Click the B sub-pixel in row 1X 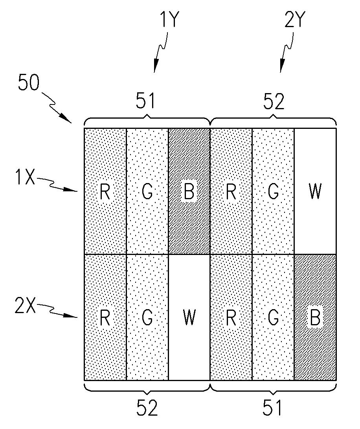click(x=189, y=191)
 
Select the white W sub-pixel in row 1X click(x=315, y=191)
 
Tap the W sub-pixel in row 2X click(x=189, y=317)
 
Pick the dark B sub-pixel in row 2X click(x=315, y=317)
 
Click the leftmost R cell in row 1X click(x=105, y=191)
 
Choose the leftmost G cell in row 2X click(x=147, y=317)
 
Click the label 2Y click(x=294, y=18)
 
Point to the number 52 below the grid click(x=147, y=409)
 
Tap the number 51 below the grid click(x=273, y=409)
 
